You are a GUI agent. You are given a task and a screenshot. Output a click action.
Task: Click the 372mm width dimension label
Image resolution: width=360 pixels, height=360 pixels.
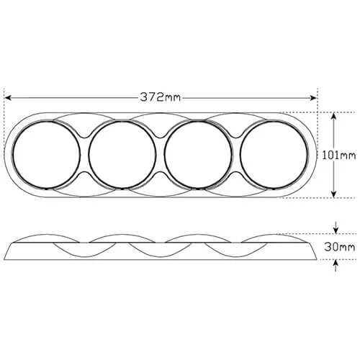click(160, 97)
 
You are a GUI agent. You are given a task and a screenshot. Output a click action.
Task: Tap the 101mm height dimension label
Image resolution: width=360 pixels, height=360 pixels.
click(338, 156)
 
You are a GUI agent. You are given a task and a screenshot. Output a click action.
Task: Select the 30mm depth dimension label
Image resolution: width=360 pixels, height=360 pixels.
click(339, 247)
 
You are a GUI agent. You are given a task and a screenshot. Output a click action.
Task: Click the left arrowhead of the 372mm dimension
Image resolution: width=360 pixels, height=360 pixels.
click(8, 98)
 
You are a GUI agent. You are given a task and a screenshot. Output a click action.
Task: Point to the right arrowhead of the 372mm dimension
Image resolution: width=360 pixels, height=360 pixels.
click(313, 98)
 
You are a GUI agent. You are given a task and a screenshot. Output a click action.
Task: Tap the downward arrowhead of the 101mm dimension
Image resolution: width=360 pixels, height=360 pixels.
click(334, 194)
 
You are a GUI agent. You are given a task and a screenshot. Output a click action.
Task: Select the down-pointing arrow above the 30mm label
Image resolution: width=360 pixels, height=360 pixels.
click(336, 228)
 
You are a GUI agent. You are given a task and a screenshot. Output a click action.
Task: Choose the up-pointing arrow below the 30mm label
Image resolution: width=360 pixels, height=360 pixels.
click(336, 266)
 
